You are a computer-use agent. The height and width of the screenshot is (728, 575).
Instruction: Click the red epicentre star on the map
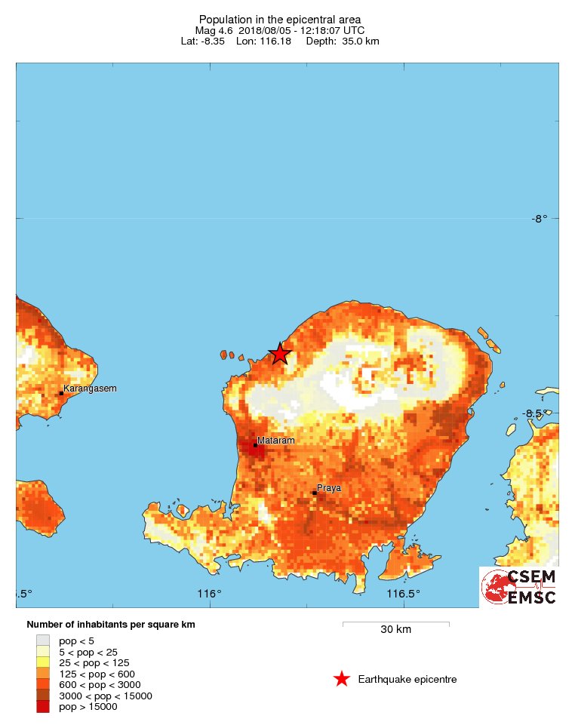[x=280, y=353]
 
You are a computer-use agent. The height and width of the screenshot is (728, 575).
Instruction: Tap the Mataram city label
[x=275, y=440]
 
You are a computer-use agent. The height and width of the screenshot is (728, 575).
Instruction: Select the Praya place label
[x=328, y=488]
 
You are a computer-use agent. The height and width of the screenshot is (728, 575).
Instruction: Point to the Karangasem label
[x=90, y=389]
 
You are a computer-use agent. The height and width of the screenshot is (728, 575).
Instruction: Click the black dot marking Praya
[x=314, y=493]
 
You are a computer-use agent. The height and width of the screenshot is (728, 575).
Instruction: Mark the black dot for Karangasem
[x=61, y=393]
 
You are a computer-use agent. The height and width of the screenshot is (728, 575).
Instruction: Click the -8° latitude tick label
[x=539, y=219]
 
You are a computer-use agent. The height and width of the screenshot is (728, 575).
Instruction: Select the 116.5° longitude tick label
[x=404, y=594]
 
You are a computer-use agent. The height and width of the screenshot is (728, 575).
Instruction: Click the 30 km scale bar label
[x=395, y=630]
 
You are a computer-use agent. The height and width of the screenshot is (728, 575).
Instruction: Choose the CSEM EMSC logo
[x=519, y=587]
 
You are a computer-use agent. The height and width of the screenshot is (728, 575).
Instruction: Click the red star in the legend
[x=342, y=680]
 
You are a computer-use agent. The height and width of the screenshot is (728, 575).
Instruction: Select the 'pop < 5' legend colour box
[x=43, y=640]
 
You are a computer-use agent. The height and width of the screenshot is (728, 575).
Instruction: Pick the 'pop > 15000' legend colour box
[x=43, y=707]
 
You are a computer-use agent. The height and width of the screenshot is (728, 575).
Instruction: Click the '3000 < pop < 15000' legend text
[x=106, y=696]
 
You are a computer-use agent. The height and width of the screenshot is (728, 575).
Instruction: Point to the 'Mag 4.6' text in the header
[x=214, y=29]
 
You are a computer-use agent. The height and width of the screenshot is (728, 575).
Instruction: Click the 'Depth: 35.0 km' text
[x=343, y=41]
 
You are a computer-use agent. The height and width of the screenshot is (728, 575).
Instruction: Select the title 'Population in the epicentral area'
[x=280, y=19]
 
